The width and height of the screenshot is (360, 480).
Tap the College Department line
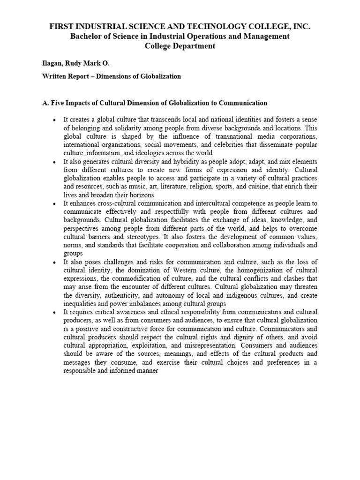point(180,46)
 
